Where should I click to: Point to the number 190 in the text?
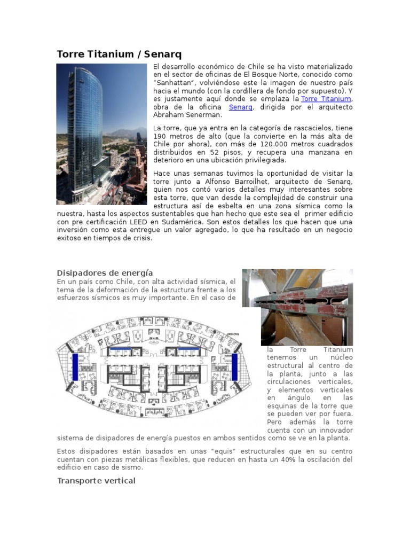click(x=161, y=136)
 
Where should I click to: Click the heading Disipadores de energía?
click(x=105, y=273)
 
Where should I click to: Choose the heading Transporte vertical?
click(x=96, y=481)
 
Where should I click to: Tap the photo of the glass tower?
click(x=101, y=134)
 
